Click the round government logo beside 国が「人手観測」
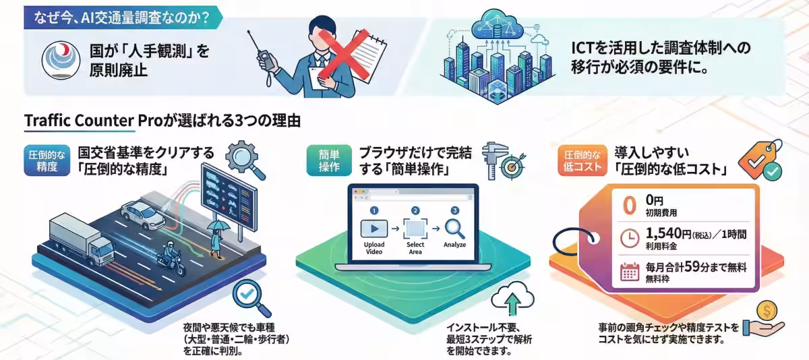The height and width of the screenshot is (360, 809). tap(61, 60)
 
